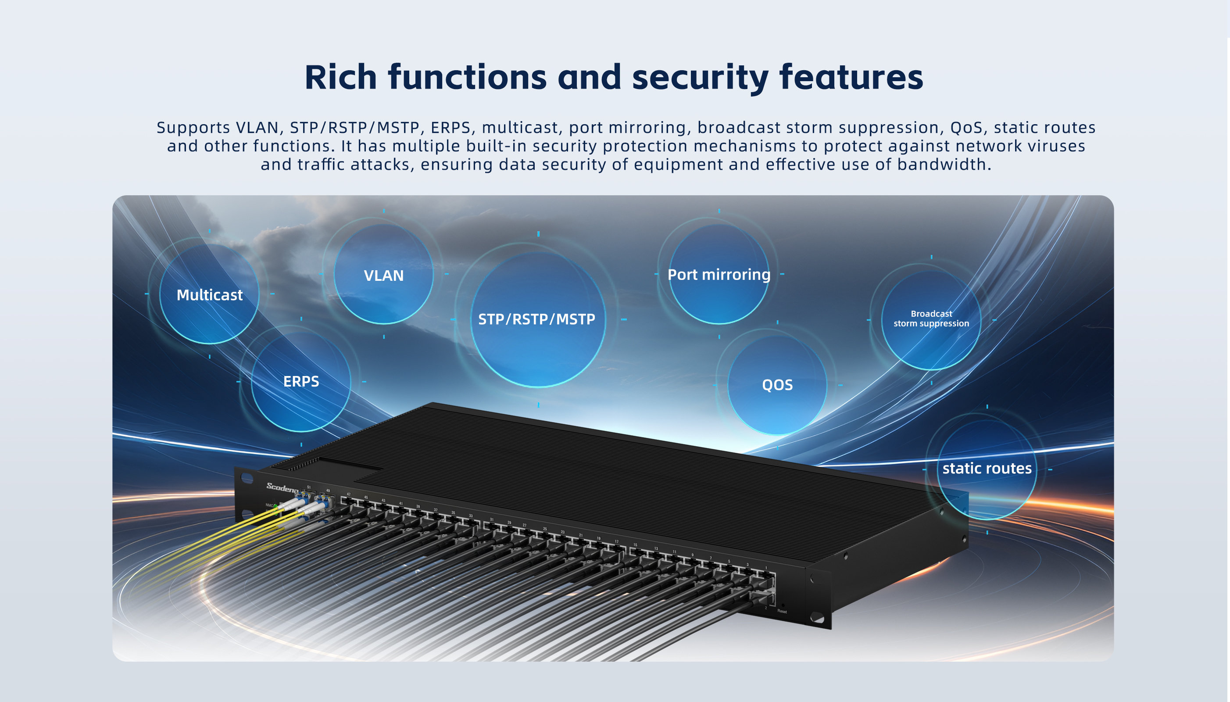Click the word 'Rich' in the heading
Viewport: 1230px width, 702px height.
pyautogui.click(x=340, y=77)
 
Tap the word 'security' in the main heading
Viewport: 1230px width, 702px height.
pyautogui.click(x=700, y=77)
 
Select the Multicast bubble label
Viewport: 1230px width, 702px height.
pyautogui.click(x=210, y=294)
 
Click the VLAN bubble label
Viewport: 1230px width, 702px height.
pyautogui.click(x=384, y=275)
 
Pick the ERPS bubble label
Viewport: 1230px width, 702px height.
pyautogui.click(x=301, y=381)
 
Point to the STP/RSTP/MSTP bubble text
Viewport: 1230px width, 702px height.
pyautogui.click(x=536, y=319)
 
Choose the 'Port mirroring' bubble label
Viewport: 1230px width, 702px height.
pyautogui.click(x=719, y=274)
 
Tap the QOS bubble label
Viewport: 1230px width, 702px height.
pyautogui.click(x=777, y=385)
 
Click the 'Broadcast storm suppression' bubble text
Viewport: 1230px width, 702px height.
pyautogui.click(x=931, y=319)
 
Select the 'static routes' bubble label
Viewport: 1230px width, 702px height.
pyautogui.click(x=987, y=468)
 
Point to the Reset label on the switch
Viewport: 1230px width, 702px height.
pyautogui.click(x=782, y=611)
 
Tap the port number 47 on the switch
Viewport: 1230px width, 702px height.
pyautogui.click(x=348, y=494)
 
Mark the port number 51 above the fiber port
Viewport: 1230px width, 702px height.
pyautogui.click(x=309, y=487)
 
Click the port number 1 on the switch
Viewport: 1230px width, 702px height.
pyautogui.click(x=766, y=568)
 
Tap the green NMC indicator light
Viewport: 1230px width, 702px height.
pyautogui.click(x=275, y=506)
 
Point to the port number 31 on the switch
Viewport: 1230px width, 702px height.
pyautogui.click(x=492, y=520)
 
